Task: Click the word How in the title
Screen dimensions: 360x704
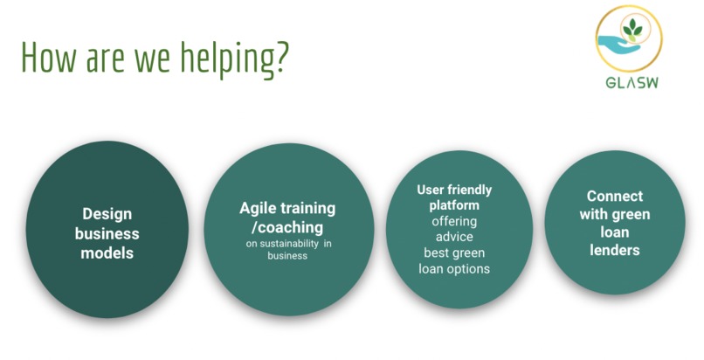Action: [50, 57]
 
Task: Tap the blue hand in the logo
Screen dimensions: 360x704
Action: [618, 44]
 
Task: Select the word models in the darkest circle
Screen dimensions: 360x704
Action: [107, 253]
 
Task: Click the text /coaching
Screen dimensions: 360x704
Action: [287, 227]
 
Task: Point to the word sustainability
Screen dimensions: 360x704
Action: [289, 244]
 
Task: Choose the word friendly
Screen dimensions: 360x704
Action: [470, 190]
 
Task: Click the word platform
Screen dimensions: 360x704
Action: [454, 205]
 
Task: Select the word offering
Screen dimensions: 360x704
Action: [454, 221]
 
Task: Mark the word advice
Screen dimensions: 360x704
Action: [454, 237]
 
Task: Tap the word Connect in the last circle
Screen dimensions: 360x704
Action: [614, 196]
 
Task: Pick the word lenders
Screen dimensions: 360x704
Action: [614, 251]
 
